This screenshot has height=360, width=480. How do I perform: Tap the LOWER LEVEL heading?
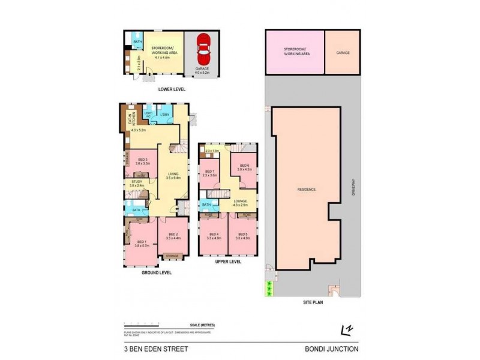click(x=172, y=89)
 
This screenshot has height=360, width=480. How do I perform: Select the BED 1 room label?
click(x=140, y=241)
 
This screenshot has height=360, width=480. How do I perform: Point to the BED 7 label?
click(x=209, y=172)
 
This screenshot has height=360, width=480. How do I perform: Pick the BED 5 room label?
click(x=243, y=235)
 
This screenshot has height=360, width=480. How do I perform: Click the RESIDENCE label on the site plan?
click(x=307, y=190)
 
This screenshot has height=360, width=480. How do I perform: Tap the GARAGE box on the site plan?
click(x=343, y=53)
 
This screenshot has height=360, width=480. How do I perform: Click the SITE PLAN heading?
click(x=313, y=302)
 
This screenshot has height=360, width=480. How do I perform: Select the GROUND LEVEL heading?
click(x=157, y=272)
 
